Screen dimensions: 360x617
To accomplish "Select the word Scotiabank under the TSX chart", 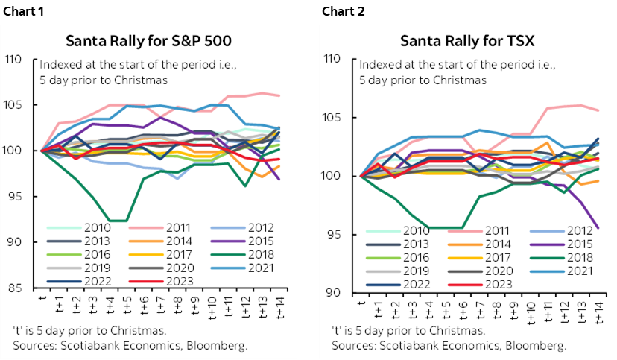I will (x=403, y=345).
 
